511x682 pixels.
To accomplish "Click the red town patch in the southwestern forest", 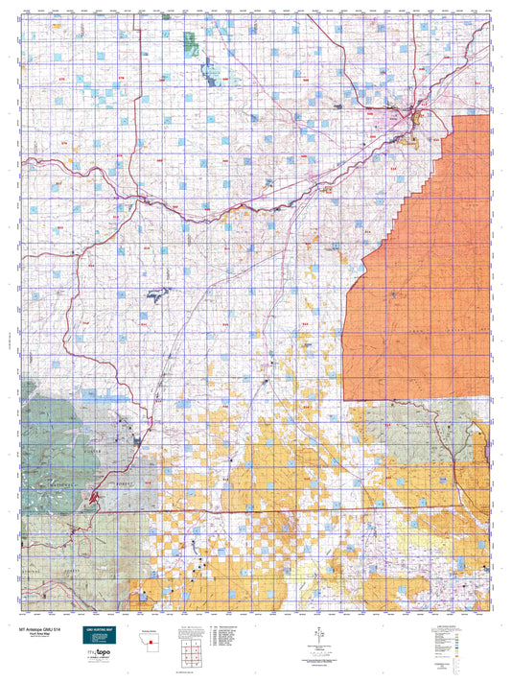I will click(93, 497).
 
